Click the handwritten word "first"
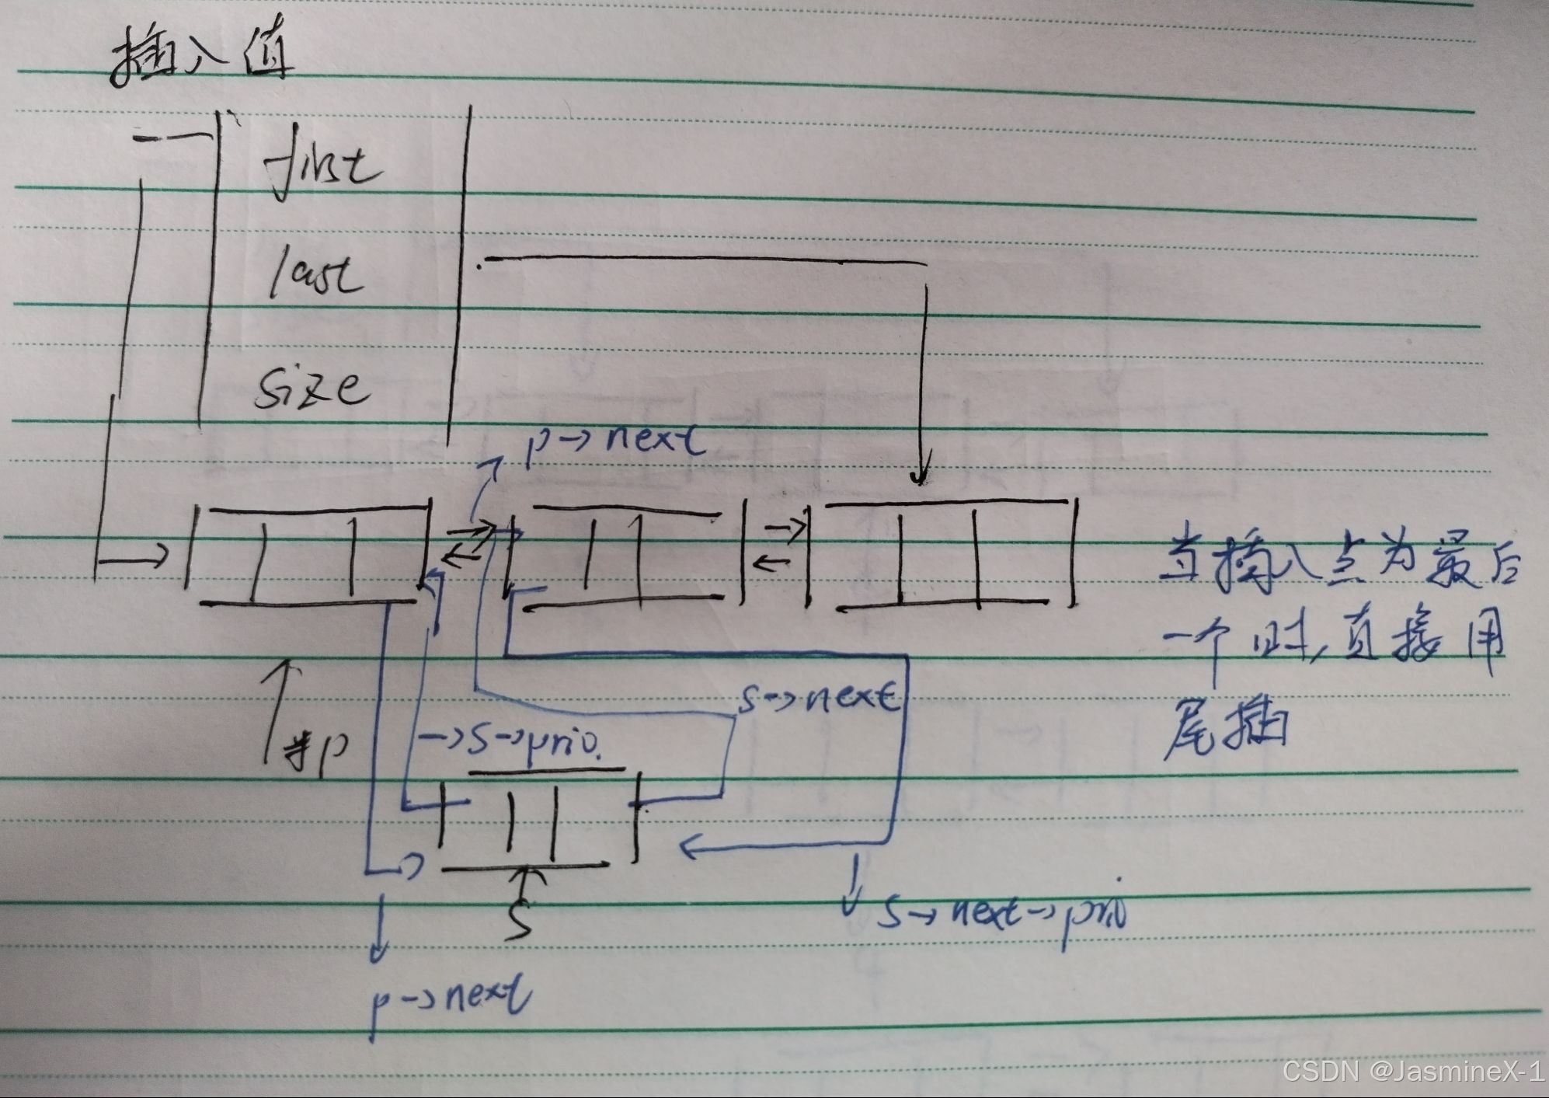click(322, 167)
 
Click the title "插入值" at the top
click(202, 58)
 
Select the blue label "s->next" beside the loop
click(820, 699)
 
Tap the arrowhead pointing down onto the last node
click(921, 474)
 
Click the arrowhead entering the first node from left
click(159, 556)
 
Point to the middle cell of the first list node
click(303, 556)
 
